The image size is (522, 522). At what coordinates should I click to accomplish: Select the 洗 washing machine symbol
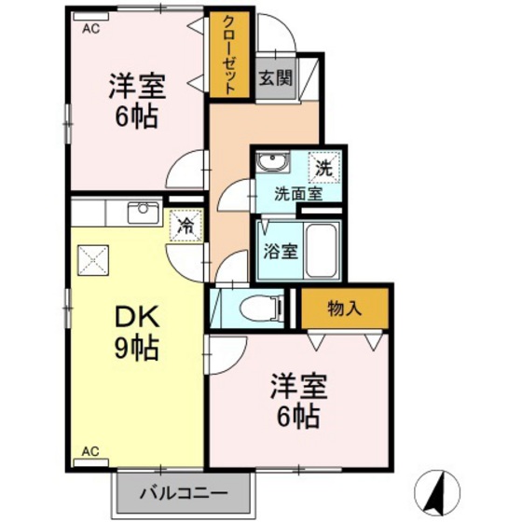pos(323,170)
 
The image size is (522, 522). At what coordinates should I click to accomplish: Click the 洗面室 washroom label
pos(297,194)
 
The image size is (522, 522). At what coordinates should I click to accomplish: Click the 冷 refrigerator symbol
pos(185,226)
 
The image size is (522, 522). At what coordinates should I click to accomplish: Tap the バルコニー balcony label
pos(184,492)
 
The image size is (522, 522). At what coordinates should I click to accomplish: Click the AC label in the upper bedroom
pos(90,30)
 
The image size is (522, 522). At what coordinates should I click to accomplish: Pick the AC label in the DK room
pos(90,452)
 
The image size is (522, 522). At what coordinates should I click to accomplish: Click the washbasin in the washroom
pos(271,165)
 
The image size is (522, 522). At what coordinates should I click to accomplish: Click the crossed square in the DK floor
pos(93,257)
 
